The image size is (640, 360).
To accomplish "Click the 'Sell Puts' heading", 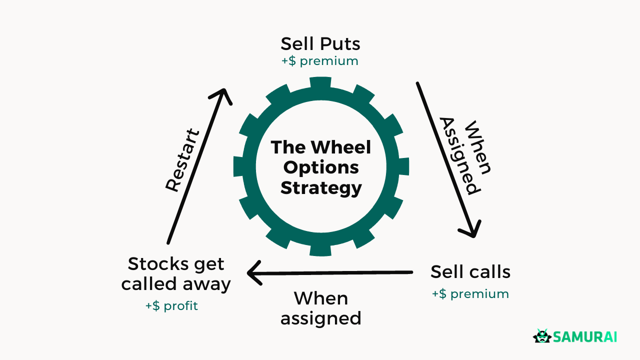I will coord(320,44).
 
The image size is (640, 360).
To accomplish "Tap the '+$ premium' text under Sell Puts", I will coord(320,61).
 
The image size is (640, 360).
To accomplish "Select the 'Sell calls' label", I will coord(470,272).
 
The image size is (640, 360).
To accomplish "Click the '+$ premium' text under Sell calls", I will coord(470,294).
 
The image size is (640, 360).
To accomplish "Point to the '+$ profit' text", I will coord(171,305).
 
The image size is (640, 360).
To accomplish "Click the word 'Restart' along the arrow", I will coord(182,160).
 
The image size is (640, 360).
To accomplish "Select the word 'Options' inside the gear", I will coord(320,167).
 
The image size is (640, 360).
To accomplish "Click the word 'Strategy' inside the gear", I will coord(320,188).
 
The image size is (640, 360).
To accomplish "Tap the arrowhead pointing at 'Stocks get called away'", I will coord(253,273).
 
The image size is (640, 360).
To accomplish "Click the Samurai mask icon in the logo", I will coord(541,336).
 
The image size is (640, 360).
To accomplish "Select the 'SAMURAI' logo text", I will coord(584,337).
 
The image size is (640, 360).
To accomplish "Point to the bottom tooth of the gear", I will coord(320,249).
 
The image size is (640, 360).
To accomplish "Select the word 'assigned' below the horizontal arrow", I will coord(320,318).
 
